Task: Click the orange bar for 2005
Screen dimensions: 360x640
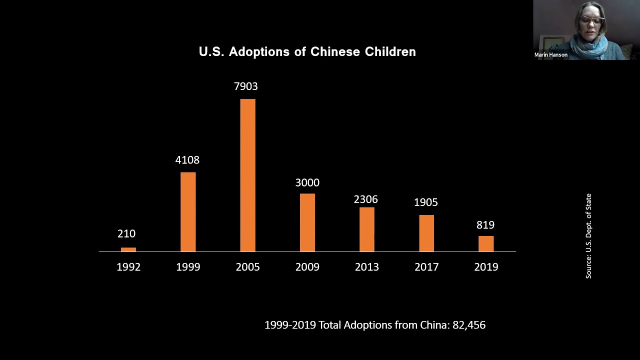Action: [x=247, y=175]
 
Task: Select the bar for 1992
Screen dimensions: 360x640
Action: [x=128, y=249]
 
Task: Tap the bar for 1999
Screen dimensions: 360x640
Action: [x=188, y=211]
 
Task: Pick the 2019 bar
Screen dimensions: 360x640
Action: [x=486, y=243]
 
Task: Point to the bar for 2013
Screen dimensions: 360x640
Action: [x=366, y=229]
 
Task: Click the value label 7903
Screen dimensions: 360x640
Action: [x=246, y=86]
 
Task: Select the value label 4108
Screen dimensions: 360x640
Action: [x=187, y=160]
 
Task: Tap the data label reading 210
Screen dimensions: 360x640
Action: [x=126, y=233]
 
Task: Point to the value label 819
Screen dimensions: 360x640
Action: [x=485, y=225]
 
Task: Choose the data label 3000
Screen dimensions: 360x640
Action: [x=307, y=182]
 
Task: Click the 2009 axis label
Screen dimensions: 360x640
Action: [x=307, y=267]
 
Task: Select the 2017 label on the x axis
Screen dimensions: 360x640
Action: [x=426, y=267]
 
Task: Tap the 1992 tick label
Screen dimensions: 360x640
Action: [x=128, y=267]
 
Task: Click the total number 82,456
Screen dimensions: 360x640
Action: [x=469, y=325]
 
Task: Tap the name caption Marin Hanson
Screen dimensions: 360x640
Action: [x=551, y=55]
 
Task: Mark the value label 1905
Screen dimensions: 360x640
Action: [x=426, y=202]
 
